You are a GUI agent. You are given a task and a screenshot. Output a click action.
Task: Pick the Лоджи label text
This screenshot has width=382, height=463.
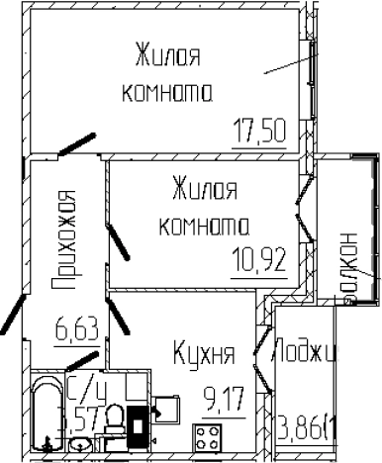click(307, 352)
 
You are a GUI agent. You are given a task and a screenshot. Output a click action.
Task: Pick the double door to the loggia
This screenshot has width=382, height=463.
click(262, 367)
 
